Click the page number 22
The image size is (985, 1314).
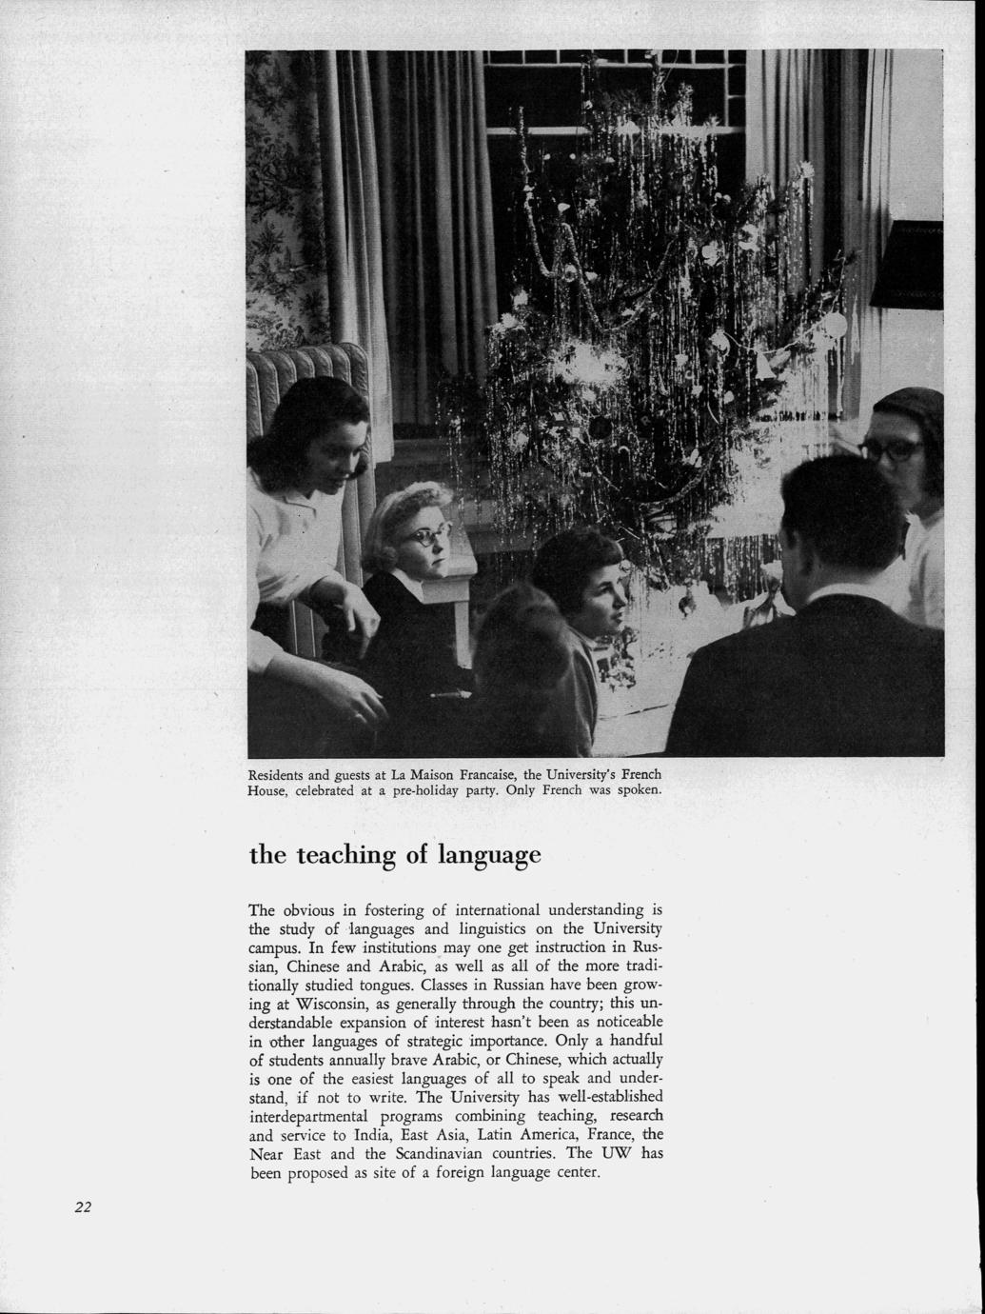pyautogui.click(x=83, y=1207)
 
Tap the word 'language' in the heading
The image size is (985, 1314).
pyautogui.click(x=488, y=856)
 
